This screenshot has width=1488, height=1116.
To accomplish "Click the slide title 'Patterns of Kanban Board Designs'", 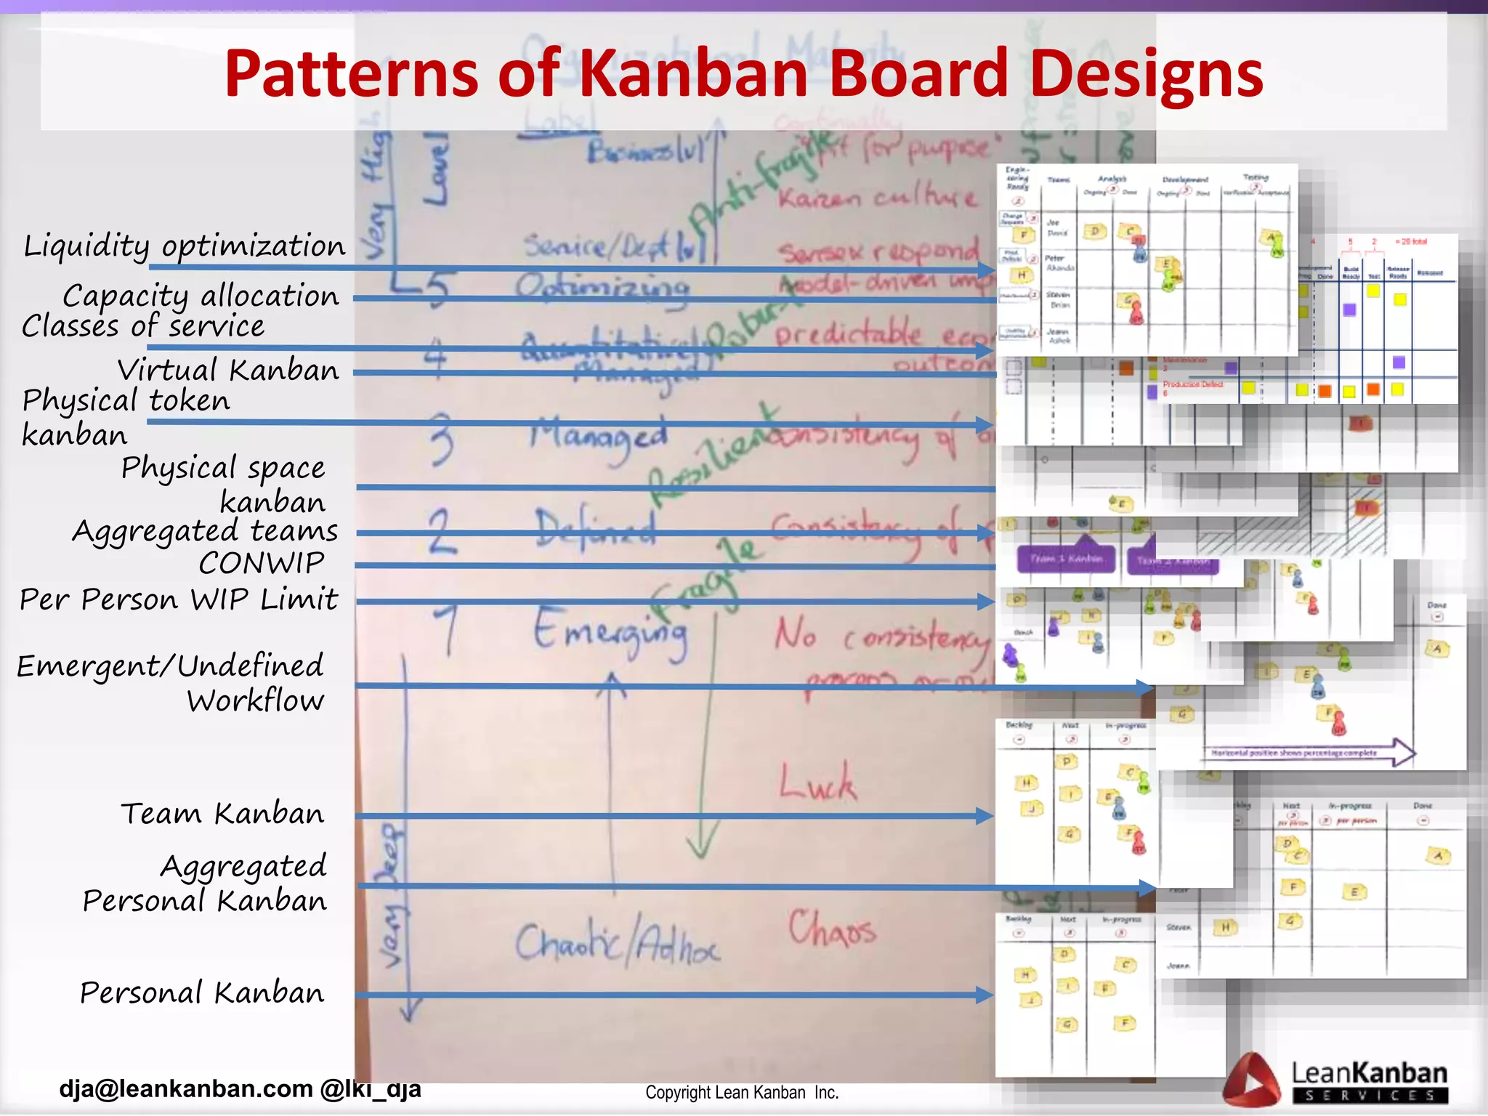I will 743,73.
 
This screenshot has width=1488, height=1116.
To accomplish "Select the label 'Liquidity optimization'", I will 185,246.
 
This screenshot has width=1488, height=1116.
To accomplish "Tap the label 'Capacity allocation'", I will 201,296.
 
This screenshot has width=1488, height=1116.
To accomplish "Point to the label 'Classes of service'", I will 143,326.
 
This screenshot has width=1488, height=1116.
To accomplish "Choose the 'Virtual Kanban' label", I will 228,370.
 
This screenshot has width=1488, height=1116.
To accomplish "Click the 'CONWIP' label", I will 262,563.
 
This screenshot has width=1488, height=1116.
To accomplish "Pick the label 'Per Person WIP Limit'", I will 179,599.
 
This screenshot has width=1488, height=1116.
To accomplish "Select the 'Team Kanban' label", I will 222,814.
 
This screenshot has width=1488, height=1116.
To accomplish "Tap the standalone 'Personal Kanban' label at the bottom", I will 202,992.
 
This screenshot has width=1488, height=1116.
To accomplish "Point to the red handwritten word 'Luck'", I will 818,783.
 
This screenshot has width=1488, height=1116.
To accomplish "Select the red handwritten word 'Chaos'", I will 833,930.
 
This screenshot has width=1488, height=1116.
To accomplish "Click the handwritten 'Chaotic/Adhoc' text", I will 618,943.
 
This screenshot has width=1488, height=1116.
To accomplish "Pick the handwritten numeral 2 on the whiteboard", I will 441,532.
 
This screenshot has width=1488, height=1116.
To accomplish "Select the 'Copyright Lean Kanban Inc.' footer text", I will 742,1093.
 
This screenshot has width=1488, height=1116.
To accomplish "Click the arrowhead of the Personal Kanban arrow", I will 985,995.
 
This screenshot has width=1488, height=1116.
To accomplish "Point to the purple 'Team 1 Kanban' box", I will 1066,558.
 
